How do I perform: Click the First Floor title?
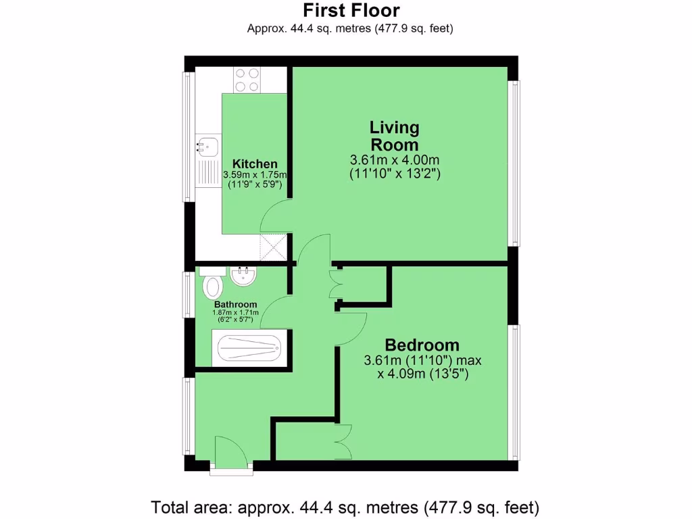coord(351,11)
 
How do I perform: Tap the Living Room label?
coord(394,136)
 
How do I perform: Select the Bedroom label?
coord(422,345)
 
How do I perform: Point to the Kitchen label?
coord(255,164)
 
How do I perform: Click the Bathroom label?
coord(236,304)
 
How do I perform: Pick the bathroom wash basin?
coord(243,275)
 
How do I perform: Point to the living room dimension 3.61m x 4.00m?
coord(395,160)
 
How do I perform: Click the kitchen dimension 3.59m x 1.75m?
coord(255,174)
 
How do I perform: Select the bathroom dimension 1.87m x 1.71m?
coord(236,312)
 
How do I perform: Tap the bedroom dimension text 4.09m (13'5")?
coord(423,373)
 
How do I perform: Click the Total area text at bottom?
coord(345,506)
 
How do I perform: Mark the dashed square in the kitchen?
coord(274,247)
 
